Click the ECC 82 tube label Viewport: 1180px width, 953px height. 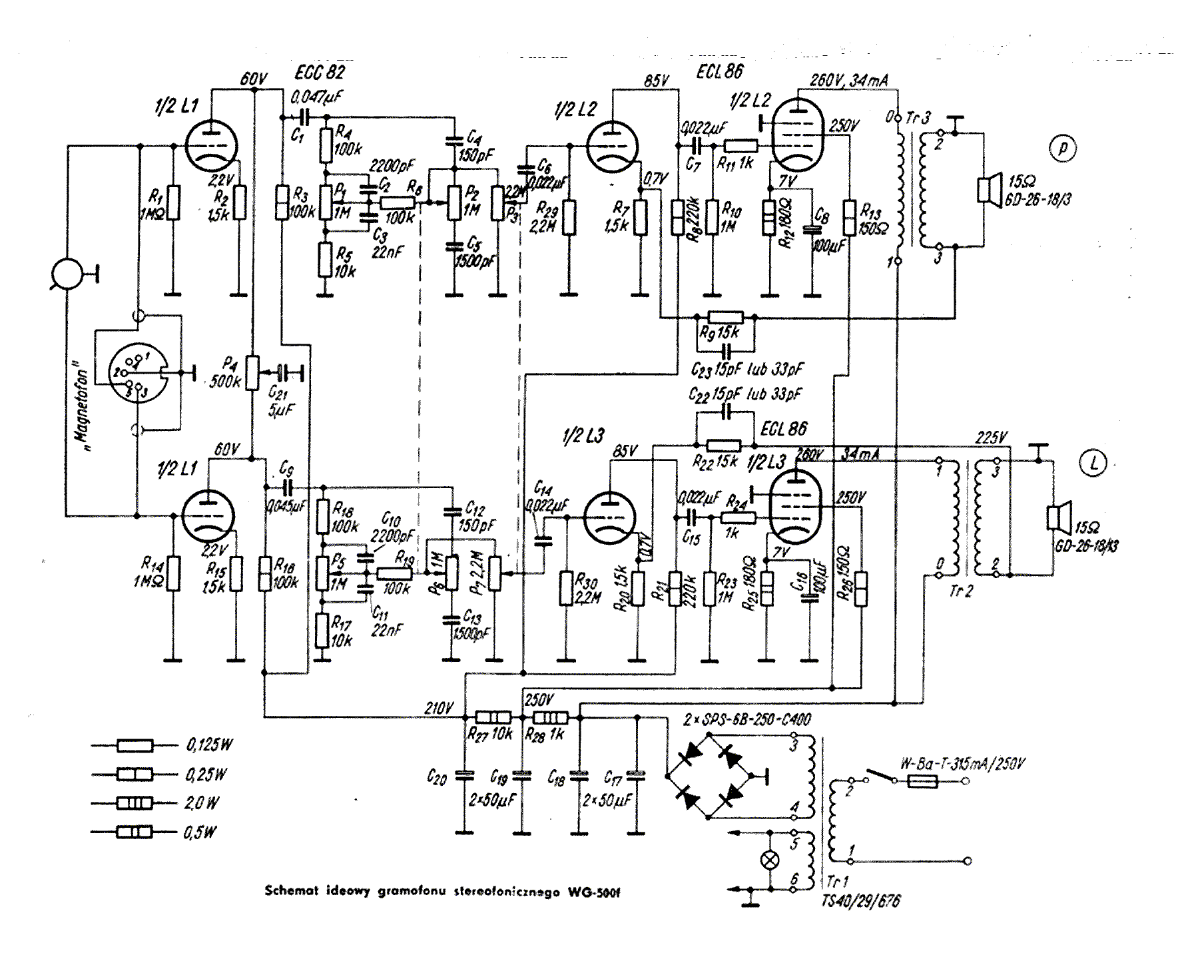320,72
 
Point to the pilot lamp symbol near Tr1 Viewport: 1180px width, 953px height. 770,860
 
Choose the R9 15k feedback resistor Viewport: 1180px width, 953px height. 725,318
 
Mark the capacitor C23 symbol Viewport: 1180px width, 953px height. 725,350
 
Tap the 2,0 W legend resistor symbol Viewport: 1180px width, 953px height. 135,803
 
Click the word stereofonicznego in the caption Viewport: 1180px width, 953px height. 506,892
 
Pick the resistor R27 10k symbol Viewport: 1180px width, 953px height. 493,717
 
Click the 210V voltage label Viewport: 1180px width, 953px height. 439,709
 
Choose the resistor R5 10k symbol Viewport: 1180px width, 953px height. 324,260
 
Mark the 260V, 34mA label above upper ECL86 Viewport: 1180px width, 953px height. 848,81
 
